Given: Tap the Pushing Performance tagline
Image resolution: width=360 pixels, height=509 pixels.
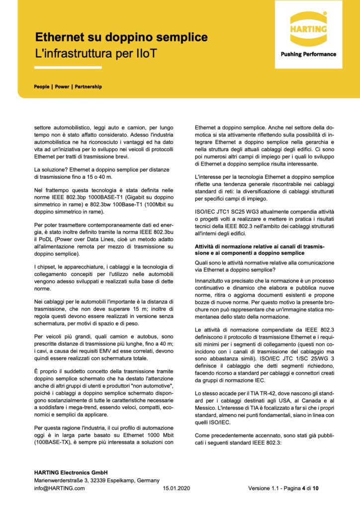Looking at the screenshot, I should pos(308,54).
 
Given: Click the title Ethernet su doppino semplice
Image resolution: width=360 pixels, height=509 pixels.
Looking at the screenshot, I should pos(121,37).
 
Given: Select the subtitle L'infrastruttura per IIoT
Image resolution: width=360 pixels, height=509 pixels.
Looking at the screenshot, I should pos(96,52).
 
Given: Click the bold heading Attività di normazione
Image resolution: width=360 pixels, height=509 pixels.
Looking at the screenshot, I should pos(224,247).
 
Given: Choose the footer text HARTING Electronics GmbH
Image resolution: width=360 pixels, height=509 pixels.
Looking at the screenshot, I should pos(71,472).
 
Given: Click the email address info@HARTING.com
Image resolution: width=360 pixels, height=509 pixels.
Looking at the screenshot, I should pos(59,488).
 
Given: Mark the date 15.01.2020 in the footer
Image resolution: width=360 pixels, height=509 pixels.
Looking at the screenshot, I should pos(177,488).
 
